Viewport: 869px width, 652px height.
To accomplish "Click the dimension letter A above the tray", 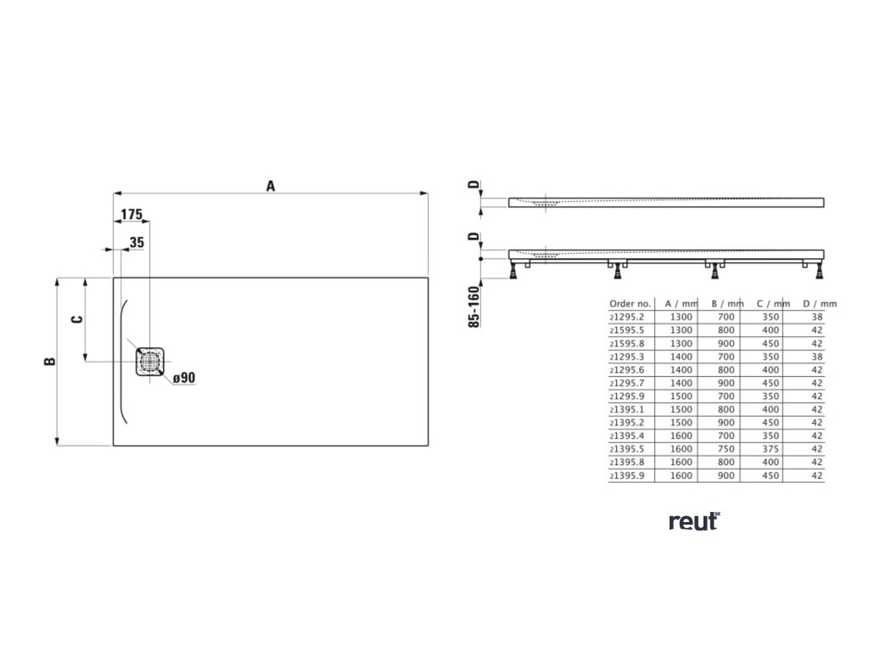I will point(271,185).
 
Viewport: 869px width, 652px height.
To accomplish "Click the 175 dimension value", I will point(131,215).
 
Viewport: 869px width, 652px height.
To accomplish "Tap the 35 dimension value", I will point(137,243).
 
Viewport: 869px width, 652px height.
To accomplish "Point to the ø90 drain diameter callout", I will point(185,378).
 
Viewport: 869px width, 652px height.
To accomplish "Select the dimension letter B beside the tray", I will point(49,361).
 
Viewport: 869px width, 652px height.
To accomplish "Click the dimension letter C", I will point(76,319).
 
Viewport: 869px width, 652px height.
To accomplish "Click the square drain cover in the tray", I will point(150,362).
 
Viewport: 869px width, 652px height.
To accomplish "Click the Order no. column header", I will point(630,303).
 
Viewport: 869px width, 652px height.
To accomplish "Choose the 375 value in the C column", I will point(771,449).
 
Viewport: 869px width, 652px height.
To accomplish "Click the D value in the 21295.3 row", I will point(817,357).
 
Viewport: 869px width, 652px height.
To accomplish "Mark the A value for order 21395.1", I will point(681,409).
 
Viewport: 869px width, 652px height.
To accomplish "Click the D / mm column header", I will point(819,303).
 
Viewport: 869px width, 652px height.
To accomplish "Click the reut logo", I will point(693,521).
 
